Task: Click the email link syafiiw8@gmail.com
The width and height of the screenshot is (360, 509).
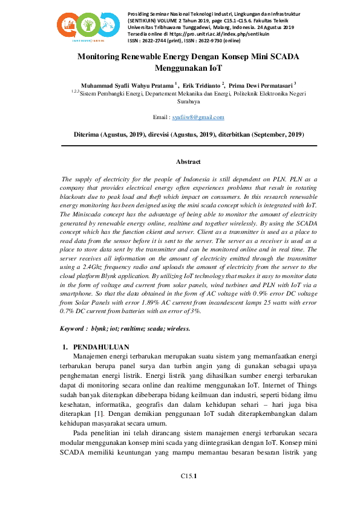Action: click(x=198, y=117)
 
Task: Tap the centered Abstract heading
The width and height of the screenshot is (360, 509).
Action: click(x=188, y=162)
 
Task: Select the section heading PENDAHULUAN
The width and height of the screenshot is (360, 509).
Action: click(x=101, y=347)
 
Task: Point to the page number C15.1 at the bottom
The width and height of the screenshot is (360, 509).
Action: click(x=189, y=477)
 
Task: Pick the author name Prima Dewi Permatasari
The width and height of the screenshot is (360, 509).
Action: click(x=261, y=85)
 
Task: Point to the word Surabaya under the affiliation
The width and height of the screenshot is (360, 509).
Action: click(x=188, y=102)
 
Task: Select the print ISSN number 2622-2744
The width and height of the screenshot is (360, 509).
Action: click(x=157, y=41)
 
